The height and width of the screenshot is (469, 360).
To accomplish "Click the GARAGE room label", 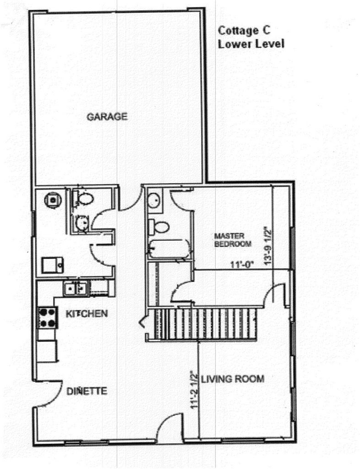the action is pyautogui.click(x=107, y=116).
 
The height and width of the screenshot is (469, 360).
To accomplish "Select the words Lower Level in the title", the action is pyautogui.click(x=251, y=44).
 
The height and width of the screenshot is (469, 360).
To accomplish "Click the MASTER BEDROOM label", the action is pyautogui.click(x=233, y=240).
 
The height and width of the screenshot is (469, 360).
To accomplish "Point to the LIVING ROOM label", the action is pyautogui.click(x=232, y=379).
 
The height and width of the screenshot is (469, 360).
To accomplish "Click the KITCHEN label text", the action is pyautogui.click(x=87, y=314).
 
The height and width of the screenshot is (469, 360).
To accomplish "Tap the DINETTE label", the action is pyautogui.click(x=87, y=391).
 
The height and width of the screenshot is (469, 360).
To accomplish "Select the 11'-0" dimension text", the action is pyautogui.click(x=241, y=265).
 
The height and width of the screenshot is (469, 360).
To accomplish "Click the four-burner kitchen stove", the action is pyautogui.click(x=47, y=318).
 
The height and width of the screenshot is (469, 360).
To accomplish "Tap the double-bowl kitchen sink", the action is pyautogui.click(x=76, y=289).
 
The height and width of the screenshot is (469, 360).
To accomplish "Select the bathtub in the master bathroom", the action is pyautogui.click(x=169, y=249).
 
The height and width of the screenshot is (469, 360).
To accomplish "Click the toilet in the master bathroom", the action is pyautogui.click(x=159, y=227).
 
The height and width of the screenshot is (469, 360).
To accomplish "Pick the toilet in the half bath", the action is pyautogui.click(x=83, y=198).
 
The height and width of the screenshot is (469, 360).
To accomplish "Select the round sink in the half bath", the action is pyautogui.click(x=82, y=223).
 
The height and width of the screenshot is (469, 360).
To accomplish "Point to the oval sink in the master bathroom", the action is pyautogui.click(x=155, y=200).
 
